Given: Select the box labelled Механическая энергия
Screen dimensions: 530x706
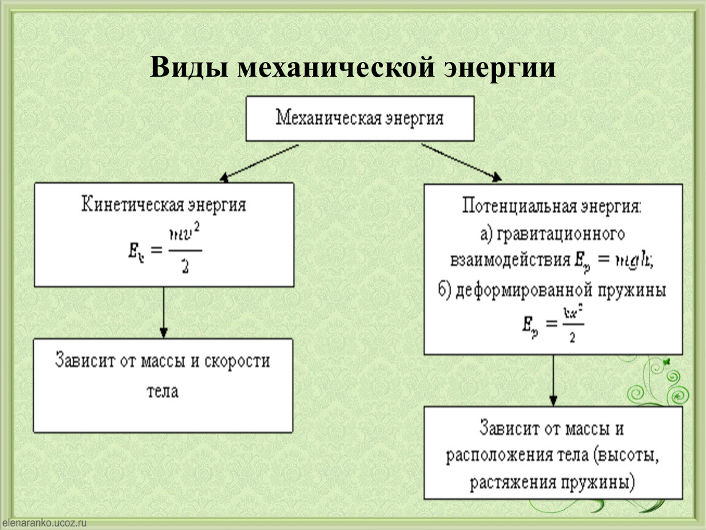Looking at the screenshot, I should tap(360, 118).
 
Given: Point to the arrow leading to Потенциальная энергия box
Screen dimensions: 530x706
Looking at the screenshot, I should tap(460, 163).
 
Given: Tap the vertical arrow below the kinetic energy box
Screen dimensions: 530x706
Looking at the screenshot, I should tap(163, 312).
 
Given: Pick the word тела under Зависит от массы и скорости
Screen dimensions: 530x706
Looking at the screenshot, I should tap(163, 391).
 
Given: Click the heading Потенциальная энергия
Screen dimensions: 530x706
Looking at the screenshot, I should tap(551, 205).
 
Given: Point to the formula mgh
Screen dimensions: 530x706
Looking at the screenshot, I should tap(629, 260).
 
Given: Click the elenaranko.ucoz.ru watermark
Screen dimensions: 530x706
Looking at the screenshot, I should tap(44, 523).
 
